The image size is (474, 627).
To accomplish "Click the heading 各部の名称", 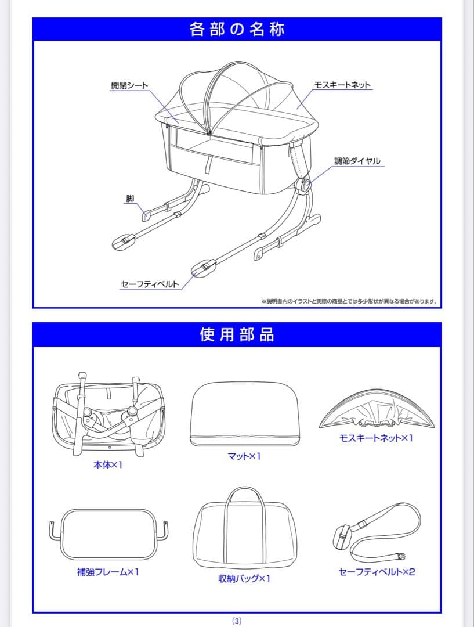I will (237, 29).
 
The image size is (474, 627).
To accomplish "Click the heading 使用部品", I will (237, 334).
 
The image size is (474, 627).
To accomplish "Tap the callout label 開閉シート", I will (129, 85).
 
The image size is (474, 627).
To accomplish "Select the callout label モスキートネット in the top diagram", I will (342, 85).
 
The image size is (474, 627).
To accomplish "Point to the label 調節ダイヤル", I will (357, 161).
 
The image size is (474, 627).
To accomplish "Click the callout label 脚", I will (130, 199).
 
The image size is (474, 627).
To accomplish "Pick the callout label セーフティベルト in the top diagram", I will (150, 284).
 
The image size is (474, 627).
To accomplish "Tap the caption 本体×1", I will (108, 465).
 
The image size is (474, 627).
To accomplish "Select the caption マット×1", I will (244, 456).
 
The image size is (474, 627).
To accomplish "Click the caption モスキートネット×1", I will (376, 438).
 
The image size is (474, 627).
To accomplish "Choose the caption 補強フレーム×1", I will (108, 572).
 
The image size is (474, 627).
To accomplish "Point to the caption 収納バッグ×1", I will (244, 578).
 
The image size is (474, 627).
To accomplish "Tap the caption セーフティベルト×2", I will (377, 572).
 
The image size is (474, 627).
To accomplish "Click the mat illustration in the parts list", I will (244, 413).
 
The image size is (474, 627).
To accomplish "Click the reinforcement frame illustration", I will (108, 533).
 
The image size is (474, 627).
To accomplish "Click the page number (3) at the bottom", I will (237, 621).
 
